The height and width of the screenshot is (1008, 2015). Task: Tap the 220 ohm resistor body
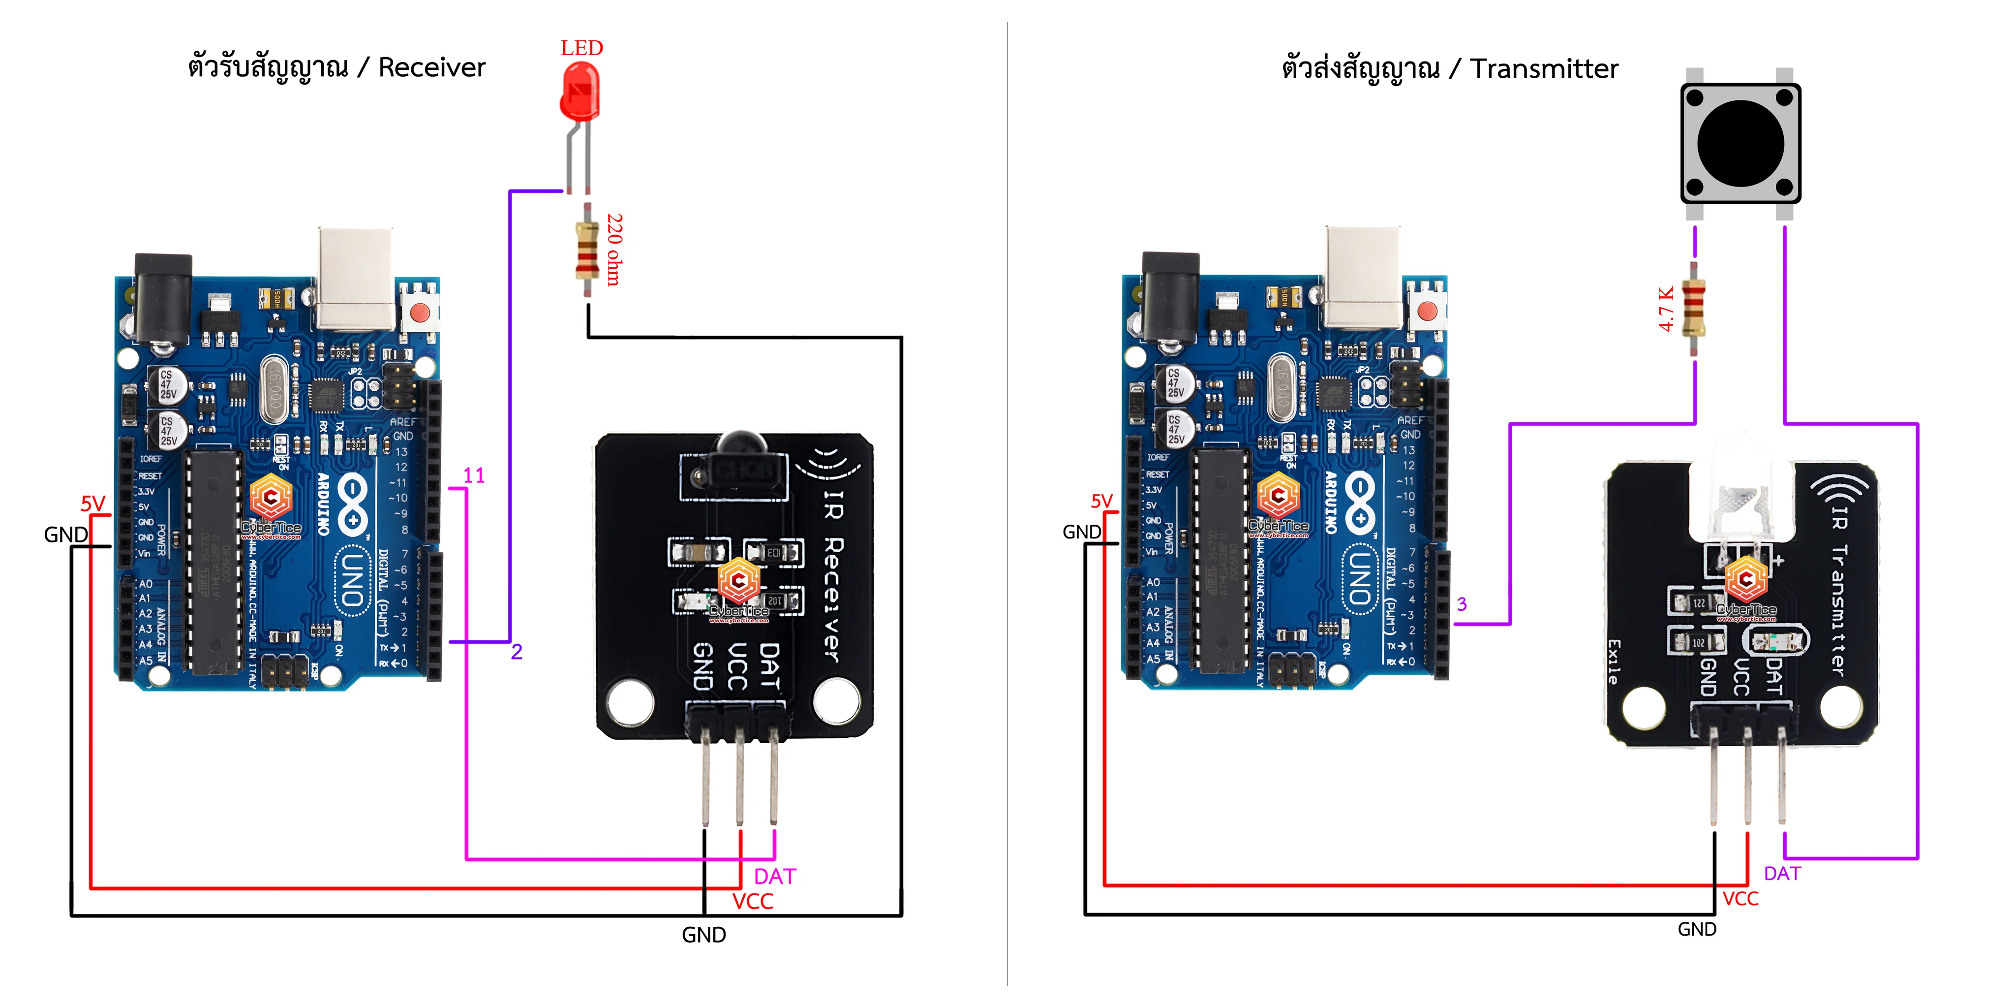[587, 251]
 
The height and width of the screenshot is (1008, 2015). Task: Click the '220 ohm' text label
[615, 249]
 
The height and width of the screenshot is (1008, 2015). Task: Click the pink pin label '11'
[474, 476]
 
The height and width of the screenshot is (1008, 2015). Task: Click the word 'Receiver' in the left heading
[432, 68]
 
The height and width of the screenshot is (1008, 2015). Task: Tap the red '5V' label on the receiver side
[93, 503]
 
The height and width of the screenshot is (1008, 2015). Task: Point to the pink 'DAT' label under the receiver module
[774, 877]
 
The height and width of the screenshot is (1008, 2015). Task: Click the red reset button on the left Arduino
[420, 312]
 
